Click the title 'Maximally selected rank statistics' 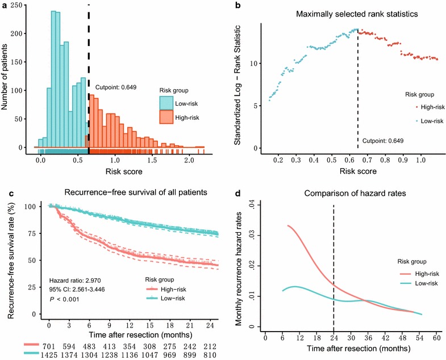[341, 13]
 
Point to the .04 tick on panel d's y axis [253, 203]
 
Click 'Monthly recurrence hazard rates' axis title [240, 265]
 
